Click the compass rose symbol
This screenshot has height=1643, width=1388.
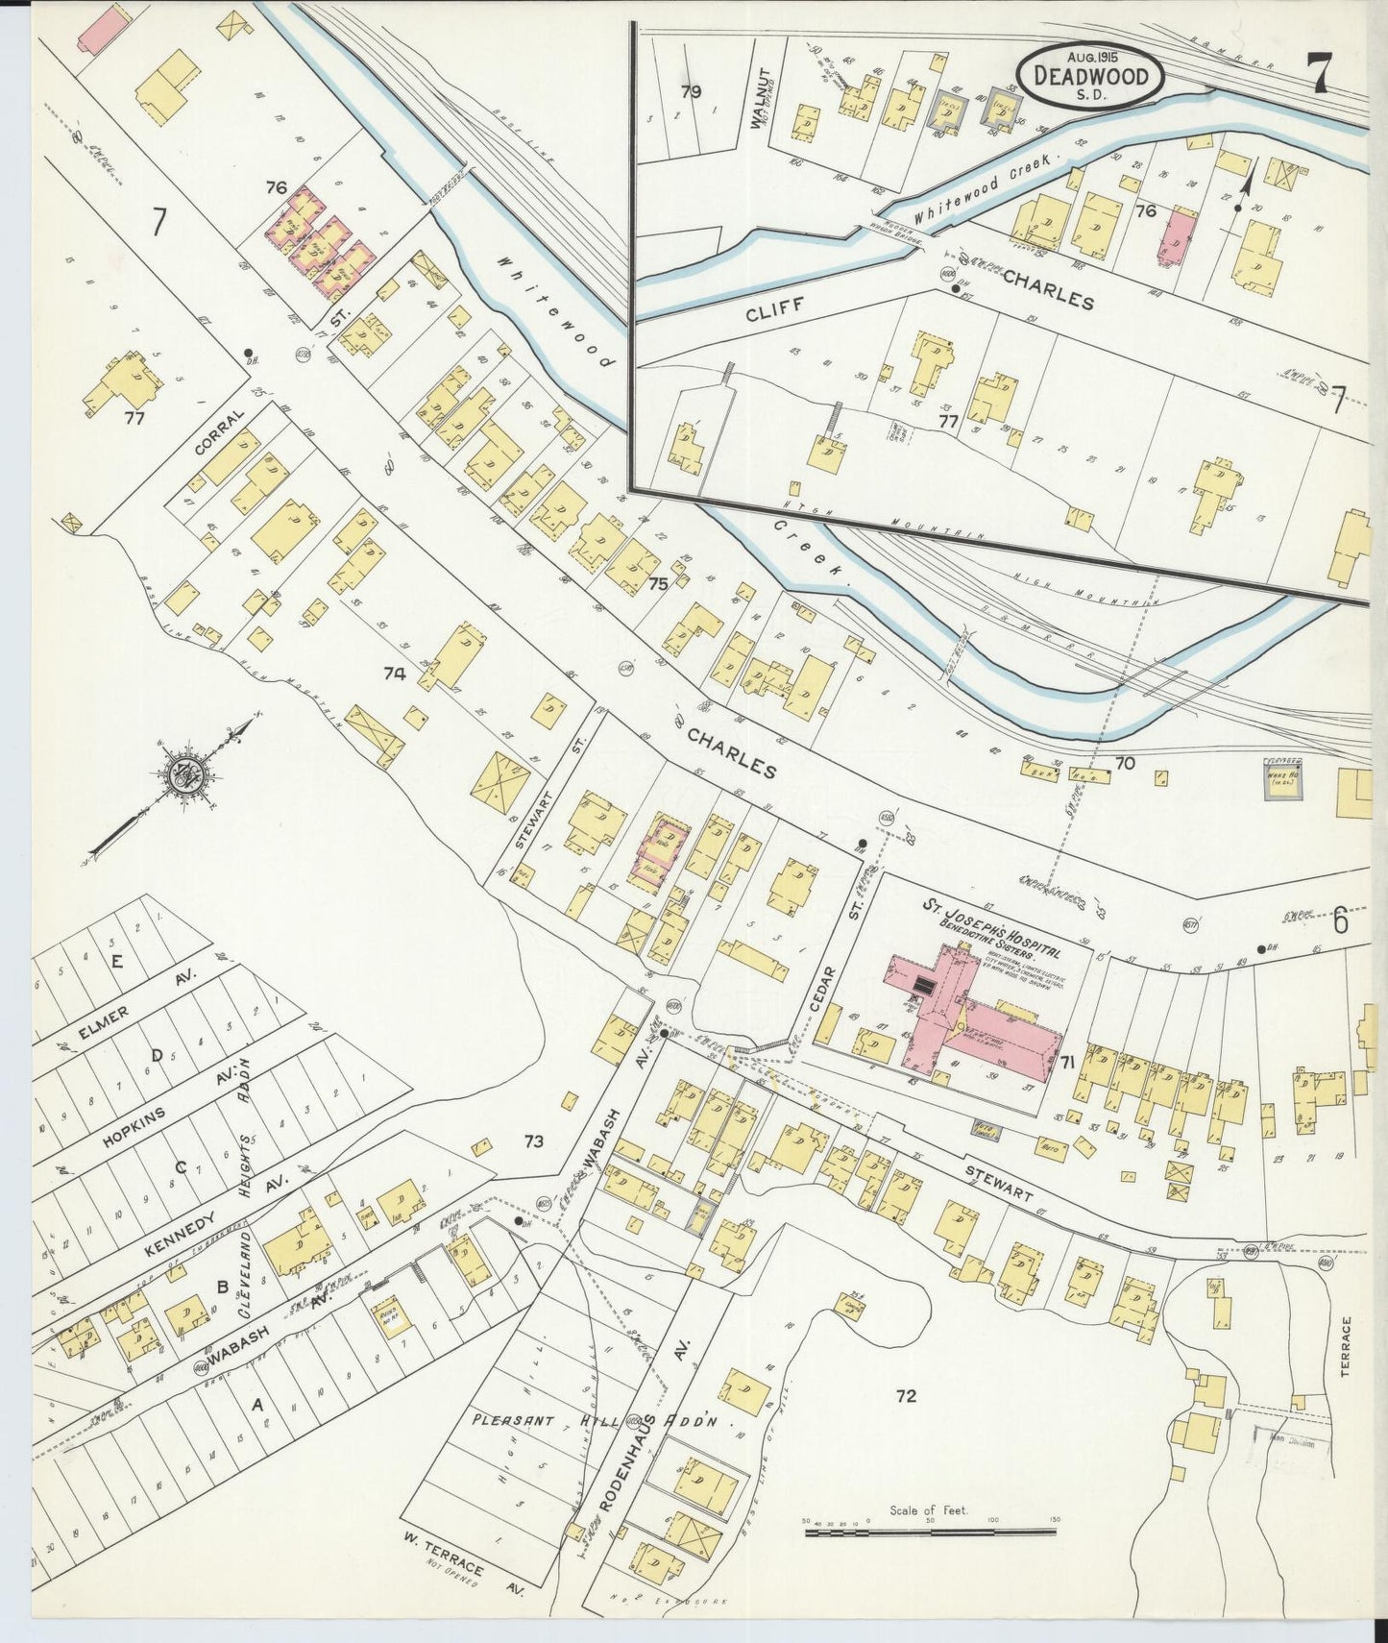click(183, 775)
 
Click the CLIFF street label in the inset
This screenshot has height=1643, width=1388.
click(772, 308)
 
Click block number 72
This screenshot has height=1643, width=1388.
click(905, 1395)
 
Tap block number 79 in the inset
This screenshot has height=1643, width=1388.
click(691, 92)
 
